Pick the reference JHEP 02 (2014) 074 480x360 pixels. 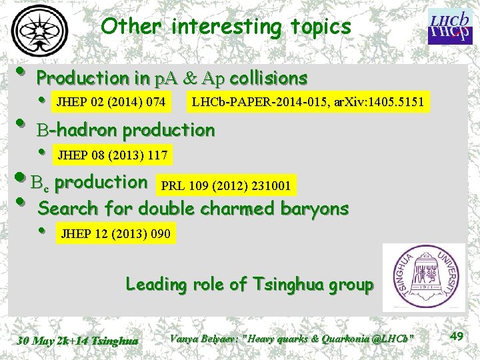(111, 102)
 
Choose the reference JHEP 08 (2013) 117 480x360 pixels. (113, 155)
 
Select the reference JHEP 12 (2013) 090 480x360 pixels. (115, 233)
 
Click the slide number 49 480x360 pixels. (457, 337)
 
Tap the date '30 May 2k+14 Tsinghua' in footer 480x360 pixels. (77, 341)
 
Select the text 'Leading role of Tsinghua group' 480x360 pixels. (249, 285)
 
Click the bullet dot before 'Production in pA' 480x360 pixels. (21, 71)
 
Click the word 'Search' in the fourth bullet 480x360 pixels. (67, 209)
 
